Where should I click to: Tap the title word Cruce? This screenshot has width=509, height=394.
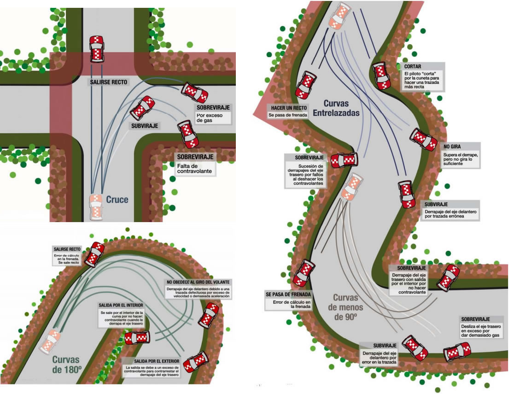point(117,200)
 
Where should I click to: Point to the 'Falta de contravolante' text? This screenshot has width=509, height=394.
point(195,168)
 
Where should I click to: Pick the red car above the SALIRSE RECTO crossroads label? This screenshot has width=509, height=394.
point(96,48)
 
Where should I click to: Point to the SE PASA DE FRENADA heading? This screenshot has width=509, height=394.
point(288,294)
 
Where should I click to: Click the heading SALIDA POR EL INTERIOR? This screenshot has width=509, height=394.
point(121,305)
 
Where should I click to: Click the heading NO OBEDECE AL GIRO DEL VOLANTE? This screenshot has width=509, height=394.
point(199,282)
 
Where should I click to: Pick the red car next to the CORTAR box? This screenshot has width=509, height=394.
point(382,76)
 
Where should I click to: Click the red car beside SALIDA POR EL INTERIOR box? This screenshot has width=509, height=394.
point(137,338)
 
